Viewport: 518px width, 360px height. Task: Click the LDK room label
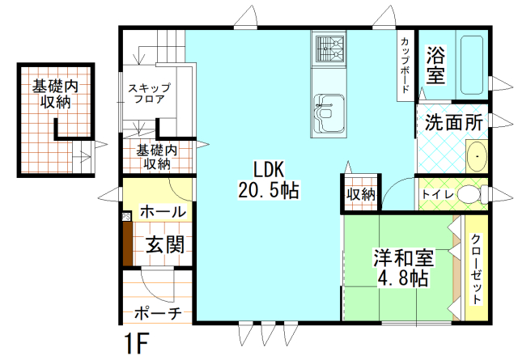268,170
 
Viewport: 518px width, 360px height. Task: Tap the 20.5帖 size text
268,191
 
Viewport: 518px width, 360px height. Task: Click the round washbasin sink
477,155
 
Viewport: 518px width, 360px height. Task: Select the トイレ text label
436,195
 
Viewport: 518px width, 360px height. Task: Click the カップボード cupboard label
404,65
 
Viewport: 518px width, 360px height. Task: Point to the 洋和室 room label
402,259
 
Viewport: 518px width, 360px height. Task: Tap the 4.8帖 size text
402,280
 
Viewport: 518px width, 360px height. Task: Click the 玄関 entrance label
164,244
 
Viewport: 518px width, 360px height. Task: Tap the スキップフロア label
148,94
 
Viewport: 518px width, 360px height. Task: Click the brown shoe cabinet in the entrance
127,243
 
